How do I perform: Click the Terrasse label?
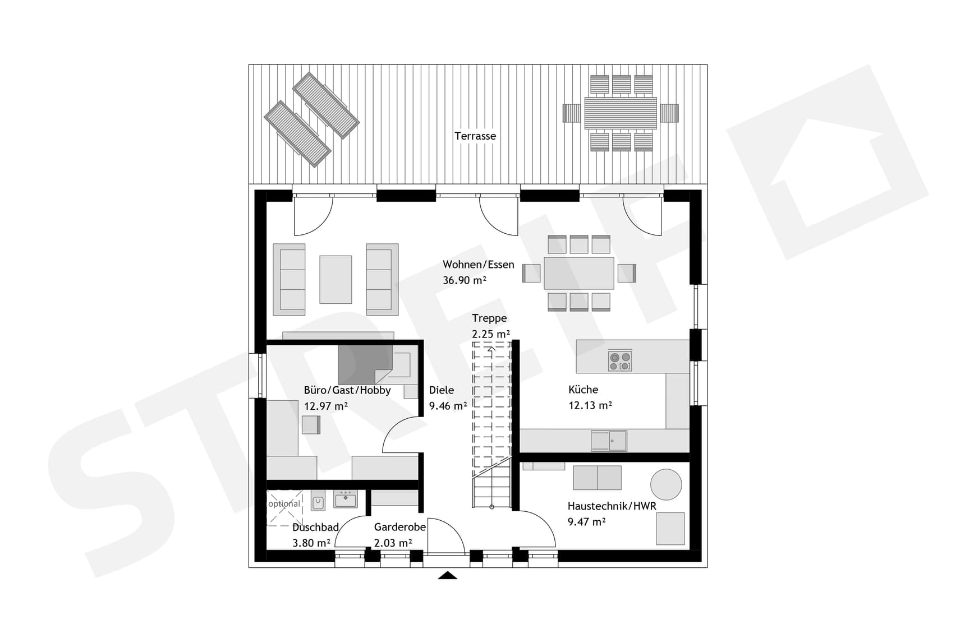[475, 136]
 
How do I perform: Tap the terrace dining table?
[620, 113]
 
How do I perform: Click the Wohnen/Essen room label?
[478, 265]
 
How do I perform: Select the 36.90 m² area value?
[464, 280]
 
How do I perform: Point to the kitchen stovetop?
[620, 361]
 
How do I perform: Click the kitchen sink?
[609, 441]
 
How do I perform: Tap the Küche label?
[583, 390]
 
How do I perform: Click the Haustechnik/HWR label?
[612, 506]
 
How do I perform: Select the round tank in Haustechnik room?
[666, 484]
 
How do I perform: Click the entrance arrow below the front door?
[447, 575]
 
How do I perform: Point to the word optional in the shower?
[284, 503]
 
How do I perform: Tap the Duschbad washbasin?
[345, 498]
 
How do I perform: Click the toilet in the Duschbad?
[318, 501]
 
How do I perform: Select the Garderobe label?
[399, 528]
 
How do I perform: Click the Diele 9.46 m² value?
[448, 406]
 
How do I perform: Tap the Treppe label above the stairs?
[489, 318]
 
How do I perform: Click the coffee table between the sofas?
[336, 279]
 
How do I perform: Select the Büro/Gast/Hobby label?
[347, 390]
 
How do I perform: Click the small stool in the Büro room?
[311, 425]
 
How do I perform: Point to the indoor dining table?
[578, 273]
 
